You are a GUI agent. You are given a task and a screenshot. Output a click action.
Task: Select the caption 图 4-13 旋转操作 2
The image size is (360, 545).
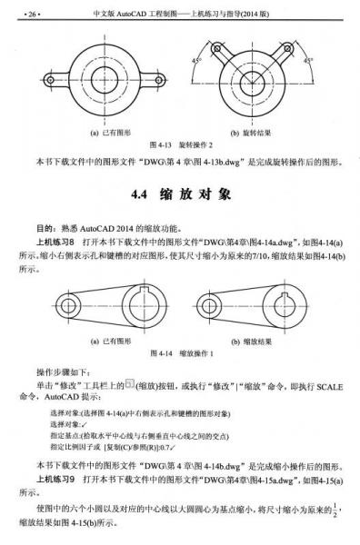point(180,144)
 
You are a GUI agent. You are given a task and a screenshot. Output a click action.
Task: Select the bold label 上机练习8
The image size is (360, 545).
point(55,243)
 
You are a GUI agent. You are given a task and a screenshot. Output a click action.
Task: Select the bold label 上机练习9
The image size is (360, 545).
point(55,478)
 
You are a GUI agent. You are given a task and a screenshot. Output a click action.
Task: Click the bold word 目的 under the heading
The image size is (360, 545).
point(44,228)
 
